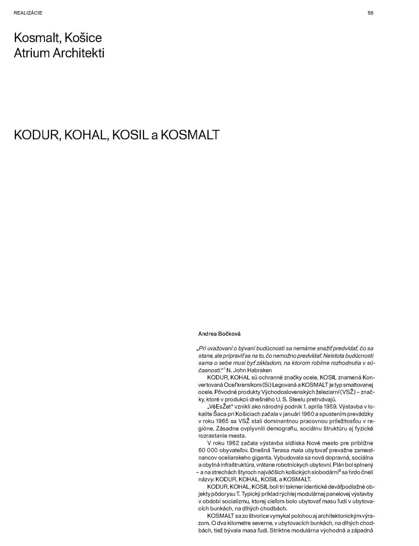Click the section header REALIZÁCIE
click(28, 13)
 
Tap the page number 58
click(370, 13)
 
